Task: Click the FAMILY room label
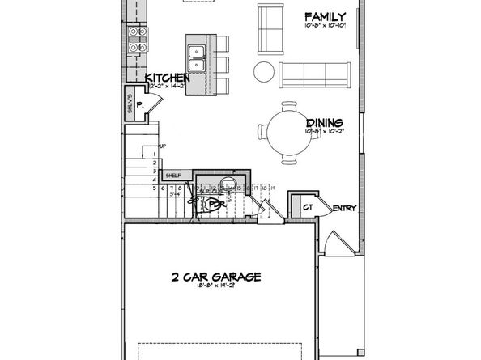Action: coord(325,16)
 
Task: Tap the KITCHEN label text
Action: coord(168,78)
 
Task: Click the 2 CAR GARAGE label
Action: coord(215,277)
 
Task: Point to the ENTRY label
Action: coord(344,209)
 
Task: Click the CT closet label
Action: coord(307,207)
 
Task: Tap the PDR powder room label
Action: coord(215,205)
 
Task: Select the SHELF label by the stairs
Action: coord(173,176)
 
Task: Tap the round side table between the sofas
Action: coord(265,72)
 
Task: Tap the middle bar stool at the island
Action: coord(220,65)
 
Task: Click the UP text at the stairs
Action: coord(162,146)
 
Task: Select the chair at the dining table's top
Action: coord(288,105)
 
